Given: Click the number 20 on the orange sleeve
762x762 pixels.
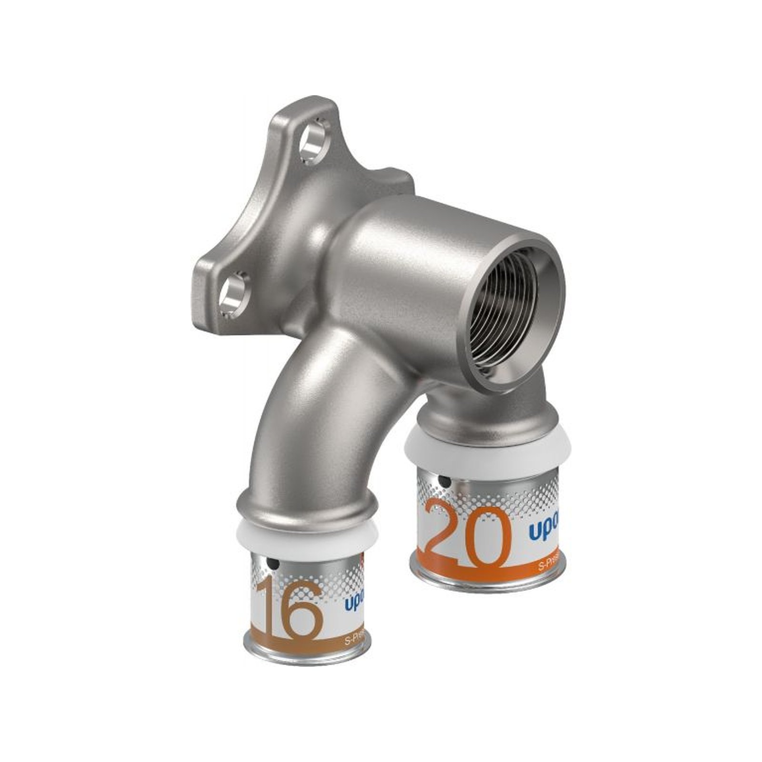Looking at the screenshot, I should pos(466,536).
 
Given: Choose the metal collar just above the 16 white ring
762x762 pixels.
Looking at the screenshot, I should pos(307,510).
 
